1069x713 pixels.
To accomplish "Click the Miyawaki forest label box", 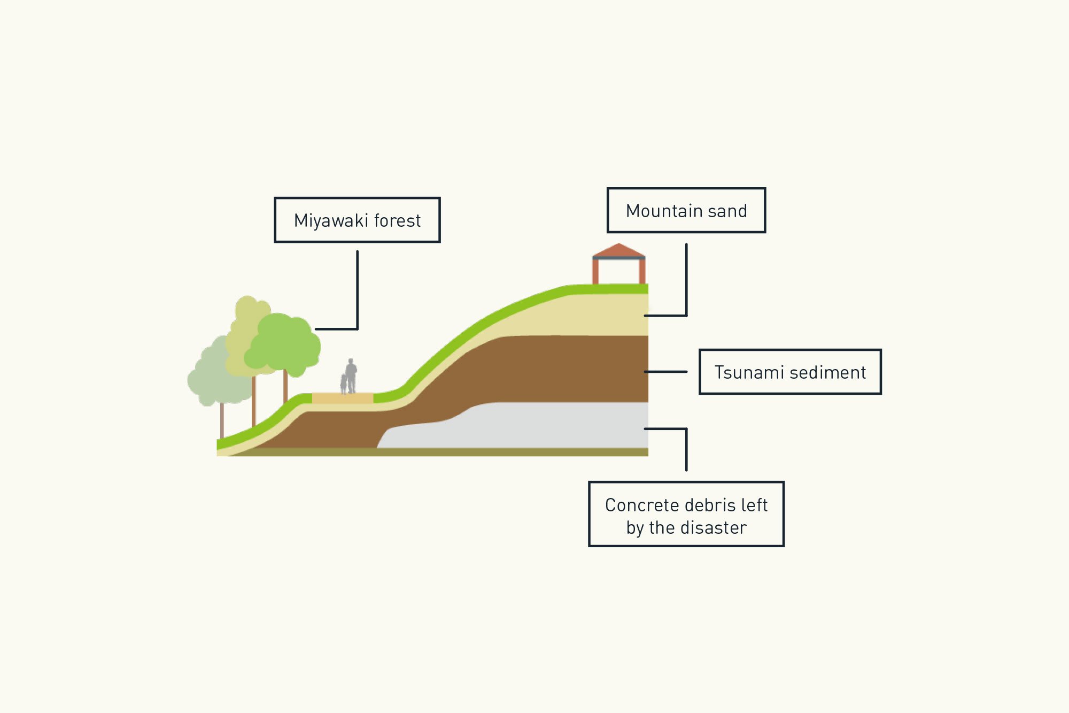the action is (x=357, y=220).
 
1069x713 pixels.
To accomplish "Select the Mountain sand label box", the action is (x=686, y=210).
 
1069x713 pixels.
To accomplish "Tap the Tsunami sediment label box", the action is (x=790, y=372).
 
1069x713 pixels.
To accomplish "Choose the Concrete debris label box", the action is (x=686, y=514).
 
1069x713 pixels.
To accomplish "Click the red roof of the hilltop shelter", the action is (x=619, y=250).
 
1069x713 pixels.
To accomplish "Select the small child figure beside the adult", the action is (x=344, y=383).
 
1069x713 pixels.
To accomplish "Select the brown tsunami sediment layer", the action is (x=534, y=369).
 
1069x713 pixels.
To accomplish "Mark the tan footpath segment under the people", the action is (x=343, y=398).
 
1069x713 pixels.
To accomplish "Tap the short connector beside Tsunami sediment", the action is (x=665, y=372).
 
